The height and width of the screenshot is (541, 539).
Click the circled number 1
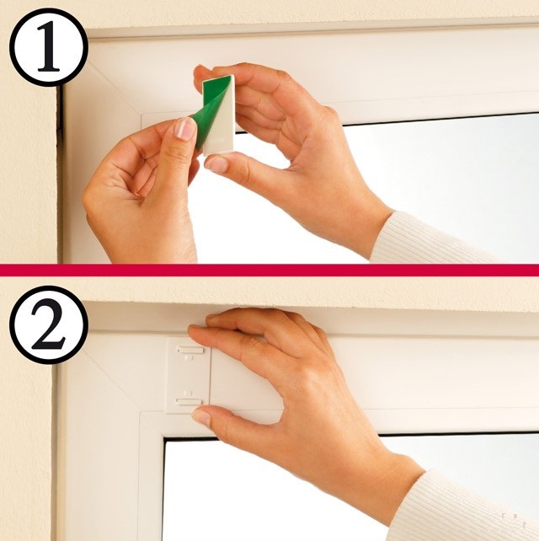pyautogui.click(x=49, y=47)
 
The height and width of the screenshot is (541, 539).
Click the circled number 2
pyautogui.click(x=49, y=324)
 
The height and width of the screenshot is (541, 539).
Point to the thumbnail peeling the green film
pyautogui.click(x=185, y=129)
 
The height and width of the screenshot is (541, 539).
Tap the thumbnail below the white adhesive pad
pyautogui.click(x=216, y=164)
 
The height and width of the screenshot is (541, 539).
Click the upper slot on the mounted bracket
pyautogui.click(x=190, y=351)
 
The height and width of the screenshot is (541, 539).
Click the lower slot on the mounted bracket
pyautogui.click(x=189, y=402)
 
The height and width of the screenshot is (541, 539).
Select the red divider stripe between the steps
pyautogui.click(x=269, y=270)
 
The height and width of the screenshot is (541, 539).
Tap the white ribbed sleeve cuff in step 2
pyautogui.click(x=462, y=507)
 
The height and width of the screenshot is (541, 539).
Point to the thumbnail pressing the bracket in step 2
pyautogui.click(x=202, y=417)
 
